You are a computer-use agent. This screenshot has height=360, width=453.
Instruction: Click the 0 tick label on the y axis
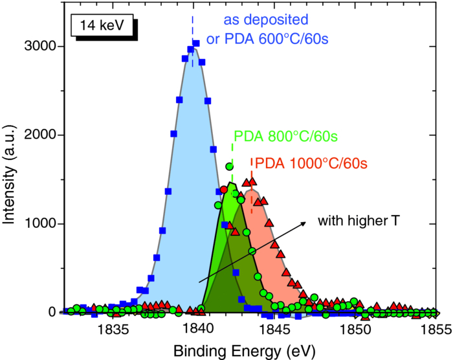(55, 312)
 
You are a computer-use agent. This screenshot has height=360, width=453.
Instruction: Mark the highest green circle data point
(229, 166)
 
